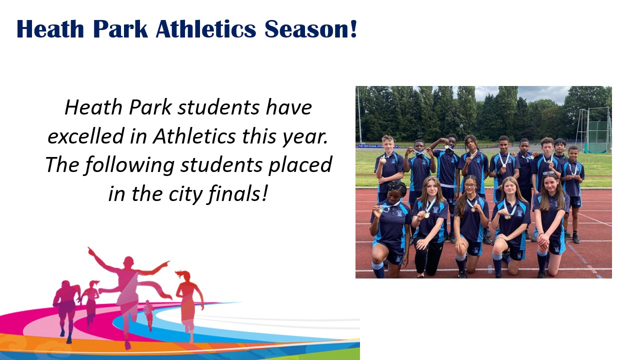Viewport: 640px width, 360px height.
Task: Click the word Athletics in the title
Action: pyautogui.click(x=205, y=29)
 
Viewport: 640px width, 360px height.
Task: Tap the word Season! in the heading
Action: pyautogui.click(x=311, y=29)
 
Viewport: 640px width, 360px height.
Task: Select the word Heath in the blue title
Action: pyautogui.click(x=50, y=29)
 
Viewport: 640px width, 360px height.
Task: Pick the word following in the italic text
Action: pyautogui.click(x=130, y=165)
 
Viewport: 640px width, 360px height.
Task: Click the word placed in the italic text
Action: pyautogui.click(x=300, y=165)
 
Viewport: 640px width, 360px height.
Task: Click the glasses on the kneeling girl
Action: pyautogui.click(x=469, y=185)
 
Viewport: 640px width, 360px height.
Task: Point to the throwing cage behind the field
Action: pyautogui.click(x=593, y=130)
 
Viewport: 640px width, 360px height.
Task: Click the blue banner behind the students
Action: pyautogui.click(x=377, y=146)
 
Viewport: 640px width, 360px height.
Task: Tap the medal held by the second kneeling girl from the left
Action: pyautogui.click(x=426, y=215)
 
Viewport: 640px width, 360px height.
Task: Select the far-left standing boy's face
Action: pyautogui.click(x=389, y=145)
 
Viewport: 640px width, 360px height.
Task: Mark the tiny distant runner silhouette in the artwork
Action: pyautogui.click(x=148, y=314)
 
